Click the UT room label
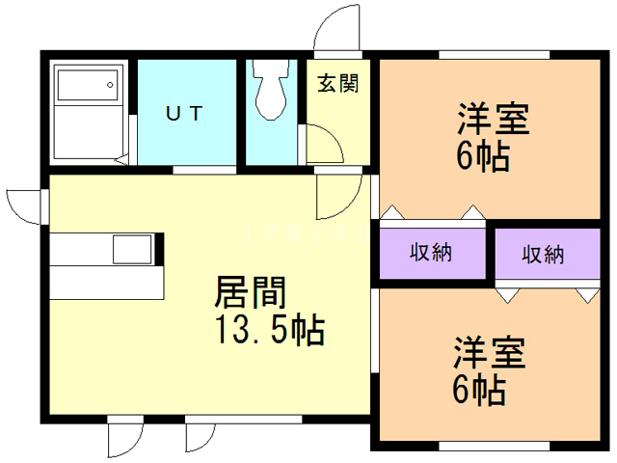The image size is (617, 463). click(x=185, y=114)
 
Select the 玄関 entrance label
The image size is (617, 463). click(x=338, y=83)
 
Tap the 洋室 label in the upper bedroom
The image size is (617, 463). click(x=492, y=123)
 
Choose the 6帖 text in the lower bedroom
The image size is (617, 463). click(x=480, y=390)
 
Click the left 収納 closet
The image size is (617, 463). click(x=431, y=254)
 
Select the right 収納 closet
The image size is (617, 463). click(x=544, y=255)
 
